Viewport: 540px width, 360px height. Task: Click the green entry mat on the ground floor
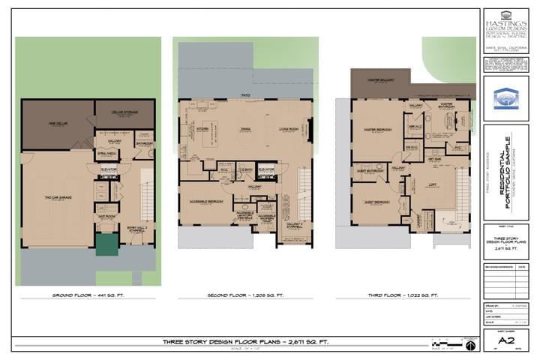coord(106,245)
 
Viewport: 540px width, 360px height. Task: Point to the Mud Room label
coord(106,216)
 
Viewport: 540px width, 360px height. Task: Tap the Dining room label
coord(244,128)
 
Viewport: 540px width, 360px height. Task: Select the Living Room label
coord(289,128)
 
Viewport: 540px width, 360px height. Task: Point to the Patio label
coord(244,95)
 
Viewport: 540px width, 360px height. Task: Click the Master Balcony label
coord(381,79)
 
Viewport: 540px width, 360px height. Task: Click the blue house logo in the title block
coord(505,98)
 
